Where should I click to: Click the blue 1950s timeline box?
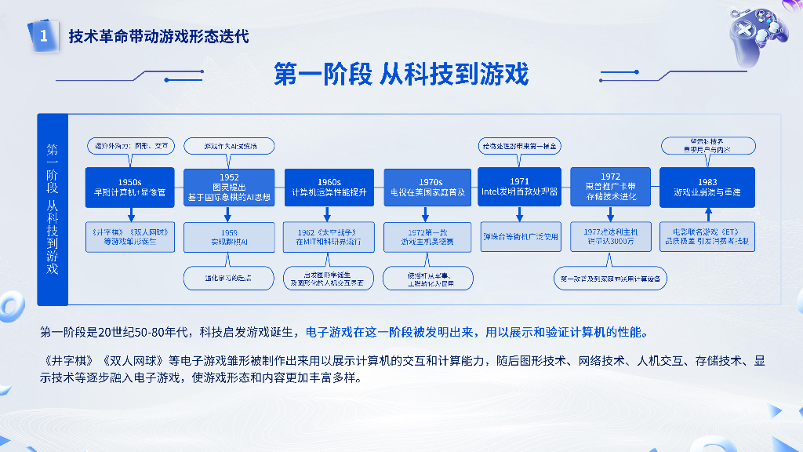[x=129, y=188]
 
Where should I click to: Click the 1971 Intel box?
[x=519, y=186]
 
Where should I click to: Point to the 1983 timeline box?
[x=707, y=188]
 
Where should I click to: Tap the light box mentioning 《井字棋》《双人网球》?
[x=129, y=237]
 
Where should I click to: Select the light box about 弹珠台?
[x=519, y=236]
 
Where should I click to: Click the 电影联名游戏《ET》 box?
[x=707, y=237]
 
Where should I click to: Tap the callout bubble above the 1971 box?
[x=519, y=146]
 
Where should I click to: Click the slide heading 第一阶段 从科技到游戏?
[x=401, y=75]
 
